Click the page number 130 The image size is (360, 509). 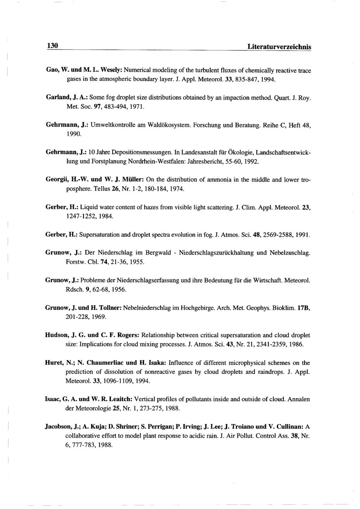click(x=52, y=46)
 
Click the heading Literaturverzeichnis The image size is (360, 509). click(x=277, y=47)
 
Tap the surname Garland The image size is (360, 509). click(x=58, y=97)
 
